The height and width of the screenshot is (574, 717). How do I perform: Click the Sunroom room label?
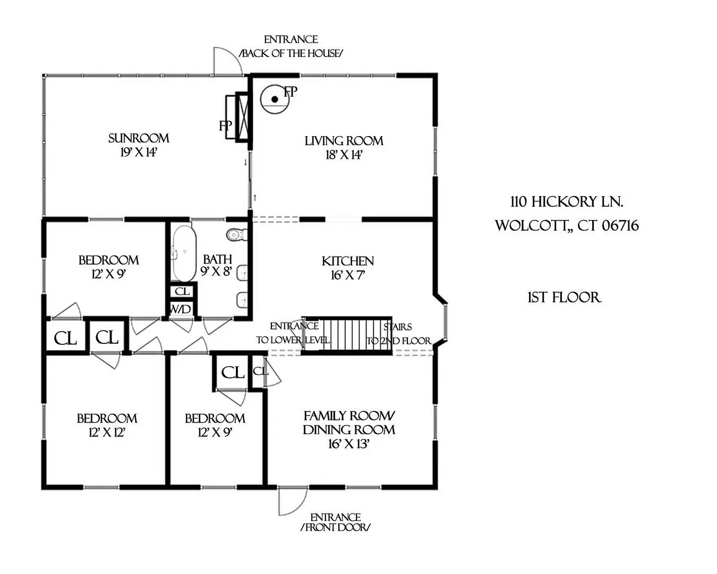click(139, 138)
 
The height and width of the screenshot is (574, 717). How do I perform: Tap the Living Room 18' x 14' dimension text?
click(344, 155)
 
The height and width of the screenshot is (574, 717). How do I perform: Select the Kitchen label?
click(348, 261)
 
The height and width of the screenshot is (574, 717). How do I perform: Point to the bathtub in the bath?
click(183, 254)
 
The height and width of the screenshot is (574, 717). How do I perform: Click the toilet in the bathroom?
click(235, 234)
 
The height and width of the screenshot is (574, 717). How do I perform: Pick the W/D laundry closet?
click(181, 309)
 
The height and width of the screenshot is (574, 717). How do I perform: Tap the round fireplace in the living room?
click(275, 99)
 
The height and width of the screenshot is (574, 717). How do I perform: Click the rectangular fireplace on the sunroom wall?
click(237, 117)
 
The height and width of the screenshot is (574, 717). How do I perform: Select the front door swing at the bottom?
click(292, 501)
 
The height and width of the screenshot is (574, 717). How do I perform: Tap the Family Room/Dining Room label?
click(349, 423)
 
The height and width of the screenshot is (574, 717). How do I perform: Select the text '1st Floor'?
click(564, 297)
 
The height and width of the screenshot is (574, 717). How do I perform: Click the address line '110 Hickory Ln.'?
click(567, 202)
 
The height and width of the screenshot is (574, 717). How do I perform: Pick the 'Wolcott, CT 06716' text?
click(567, 225)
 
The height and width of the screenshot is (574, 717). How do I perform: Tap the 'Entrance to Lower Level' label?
click(293, 333)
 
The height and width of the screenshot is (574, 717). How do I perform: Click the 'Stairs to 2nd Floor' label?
click(398, 334)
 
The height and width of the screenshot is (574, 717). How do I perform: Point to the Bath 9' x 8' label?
click(217, 265)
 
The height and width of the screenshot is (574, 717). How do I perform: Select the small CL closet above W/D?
click(182, 291)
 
